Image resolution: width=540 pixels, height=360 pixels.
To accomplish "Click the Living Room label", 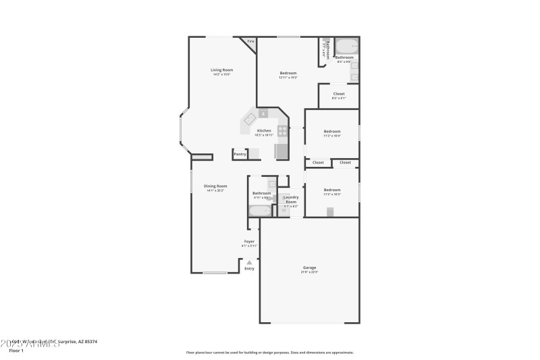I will coord(221,70).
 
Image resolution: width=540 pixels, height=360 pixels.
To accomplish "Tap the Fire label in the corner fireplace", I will coord(250,41).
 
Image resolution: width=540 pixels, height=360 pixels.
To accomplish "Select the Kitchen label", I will coord(264,130).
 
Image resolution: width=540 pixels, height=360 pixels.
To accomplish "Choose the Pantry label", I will coord(240,154).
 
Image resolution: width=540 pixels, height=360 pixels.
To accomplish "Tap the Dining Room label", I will coord(217,186).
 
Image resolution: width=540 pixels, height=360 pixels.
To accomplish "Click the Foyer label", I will coord(249,241).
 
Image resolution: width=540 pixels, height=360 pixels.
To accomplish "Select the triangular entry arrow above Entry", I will coord(249,262).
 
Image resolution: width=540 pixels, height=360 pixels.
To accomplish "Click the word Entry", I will coord(249,269).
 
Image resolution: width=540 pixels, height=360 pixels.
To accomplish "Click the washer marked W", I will coord(283,211).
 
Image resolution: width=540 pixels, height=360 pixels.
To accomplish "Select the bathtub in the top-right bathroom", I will coord(346,47).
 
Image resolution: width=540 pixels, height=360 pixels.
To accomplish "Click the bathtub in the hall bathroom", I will coord(259,211).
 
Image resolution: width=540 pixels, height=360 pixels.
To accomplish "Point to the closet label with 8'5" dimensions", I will coord(338,94).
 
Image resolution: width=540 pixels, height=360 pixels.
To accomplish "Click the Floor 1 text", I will coord(16,351).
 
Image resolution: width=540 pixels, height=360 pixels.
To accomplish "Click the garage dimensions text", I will coord(309,272).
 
